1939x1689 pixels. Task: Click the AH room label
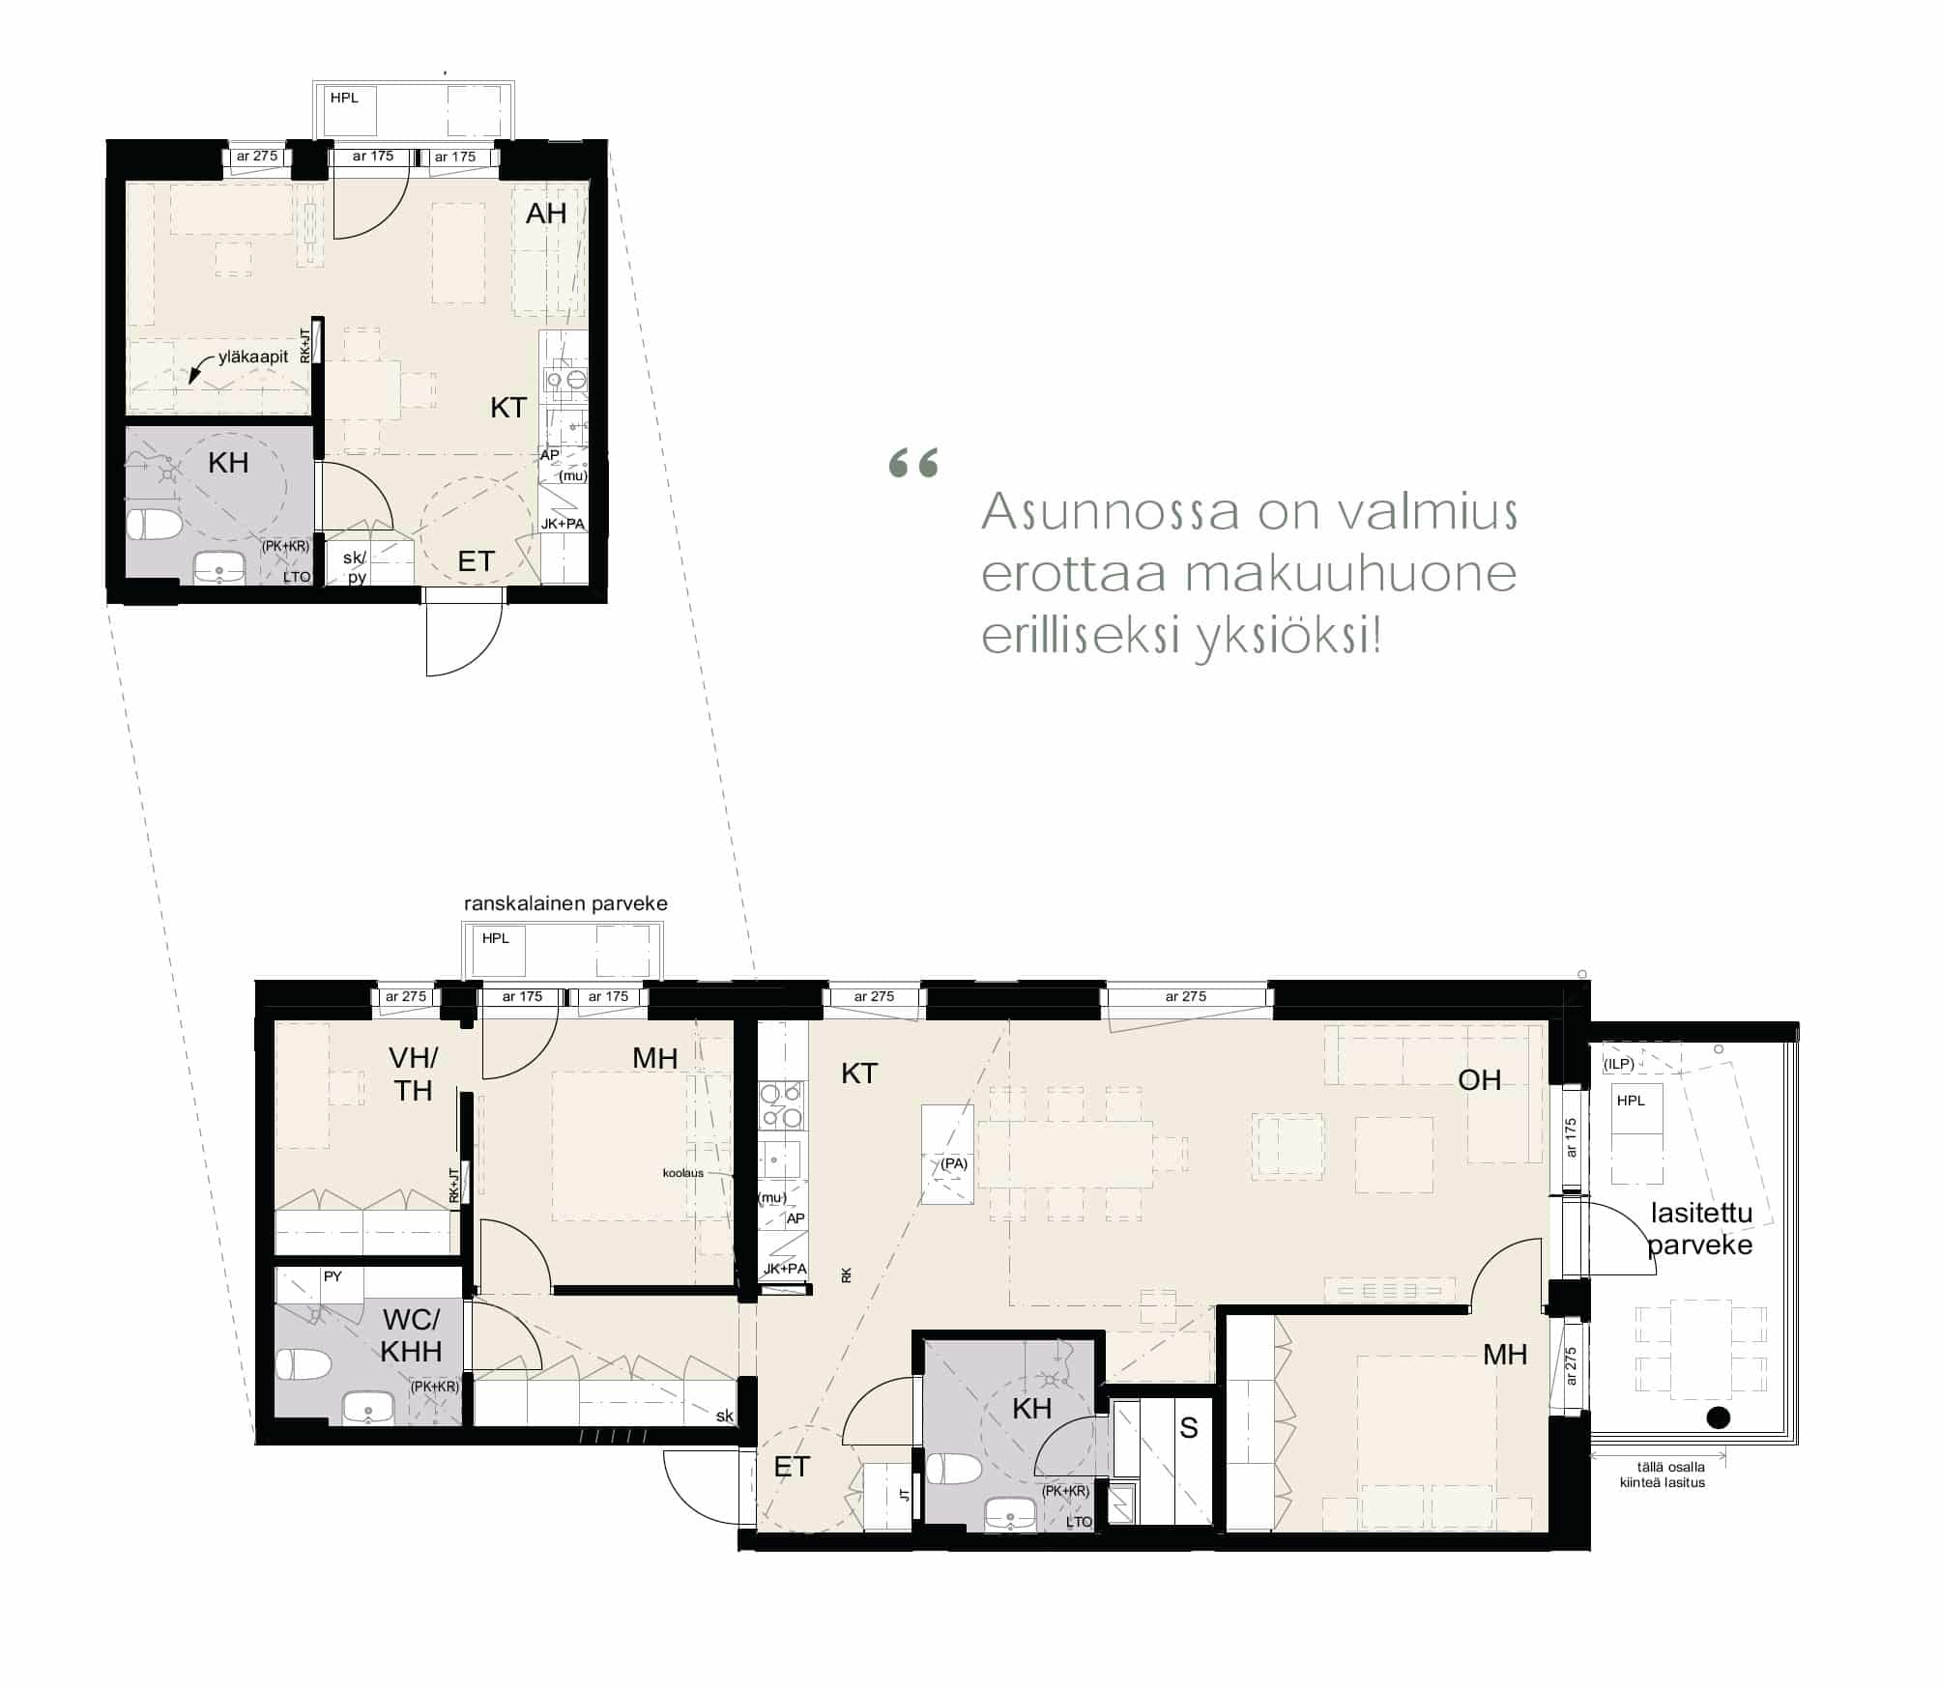(545, 214)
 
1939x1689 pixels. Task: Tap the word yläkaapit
(253, 357)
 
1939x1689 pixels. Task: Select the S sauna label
(1189, 1428)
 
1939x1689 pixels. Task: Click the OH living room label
(1480, 1079)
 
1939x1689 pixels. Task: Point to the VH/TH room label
(413, 1074)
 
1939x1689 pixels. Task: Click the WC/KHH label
(411, 1335)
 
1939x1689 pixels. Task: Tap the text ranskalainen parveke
(565, 903)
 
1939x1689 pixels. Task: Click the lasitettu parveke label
(1700, 1228)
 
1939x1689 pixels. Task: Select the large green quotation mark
(913, 463)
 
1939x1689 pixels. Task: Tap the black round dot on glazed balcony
(1718, 1417)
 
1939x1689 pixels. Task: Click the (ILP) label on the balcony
(1618, 1064)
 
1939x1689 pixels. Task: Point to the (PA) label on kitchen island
(954, 1163)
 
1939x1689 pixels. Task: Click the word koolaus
(683, 1173)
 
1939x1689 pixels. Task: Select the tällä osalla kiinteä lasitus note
(1663, 1474)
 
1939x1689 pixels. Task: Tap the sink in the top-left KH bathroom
(219, 567)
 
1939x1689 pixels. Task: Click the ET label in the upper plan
(476, 561)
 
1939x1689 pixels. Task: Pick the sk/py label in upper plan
(355, 567)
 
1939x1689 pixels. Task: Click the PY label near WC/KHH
(333, 1276)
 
